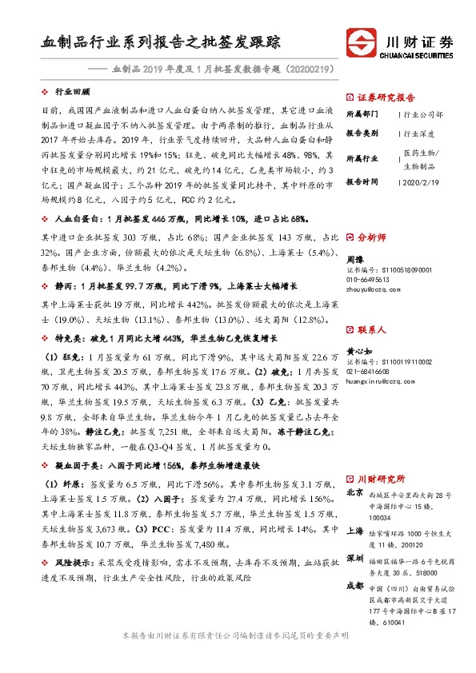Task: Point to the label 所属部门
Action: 362,114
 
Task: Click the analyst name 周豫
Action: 355,261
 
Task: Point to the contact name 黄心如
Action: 360,352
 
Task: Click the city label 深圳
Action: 354,556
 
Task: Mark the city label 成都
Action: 354,586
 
